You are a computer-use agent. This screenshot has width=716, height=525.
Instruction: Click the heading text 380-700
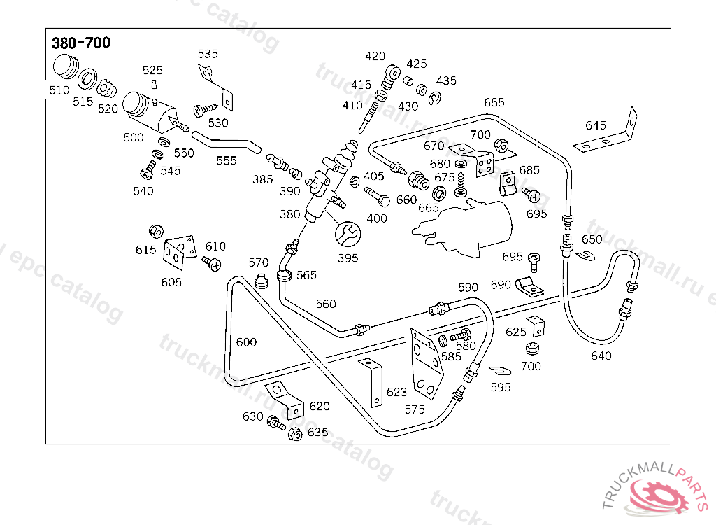point(81,43)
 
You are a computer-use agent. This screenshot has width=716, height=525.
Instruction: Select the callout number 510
point(59,90)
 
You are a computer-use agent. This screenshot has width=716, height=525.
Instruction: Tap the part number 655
point(494,102)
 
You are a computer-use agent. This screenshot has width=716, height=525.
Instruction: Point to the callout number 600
point(246,342)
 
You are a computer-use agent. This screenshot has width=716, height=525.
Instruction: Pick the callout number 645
point(596,125)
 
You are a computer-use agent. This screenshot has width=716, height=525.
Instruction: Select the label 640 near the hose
point(601,356)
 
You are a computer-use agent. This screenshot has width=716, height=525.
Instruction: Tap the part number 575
point(415,409)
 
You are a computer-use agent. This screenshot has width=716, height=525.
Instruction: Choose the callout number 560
point(326,304)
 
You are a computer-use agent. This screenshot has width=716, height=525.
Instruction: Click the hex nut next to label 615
point(156,231)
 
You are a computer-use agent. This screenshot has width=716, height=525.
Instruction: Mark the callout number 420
point(375,57)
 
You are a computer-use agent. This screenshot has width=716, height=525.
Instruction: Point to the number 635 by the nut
point(317,433)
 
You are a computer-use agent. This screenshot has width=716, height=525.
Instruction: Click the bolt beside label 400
point(372,193)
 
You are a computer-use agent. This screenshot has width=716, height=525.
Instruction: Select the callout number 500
point(134,137)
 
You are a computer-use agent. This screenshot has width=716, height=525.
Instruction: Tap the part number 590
point(468,288)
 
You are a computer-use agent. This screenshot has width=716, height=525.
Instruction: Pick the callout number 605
point(171,282)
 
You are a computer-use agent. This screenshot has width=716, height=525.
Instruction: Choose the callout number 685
point(529,169)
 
